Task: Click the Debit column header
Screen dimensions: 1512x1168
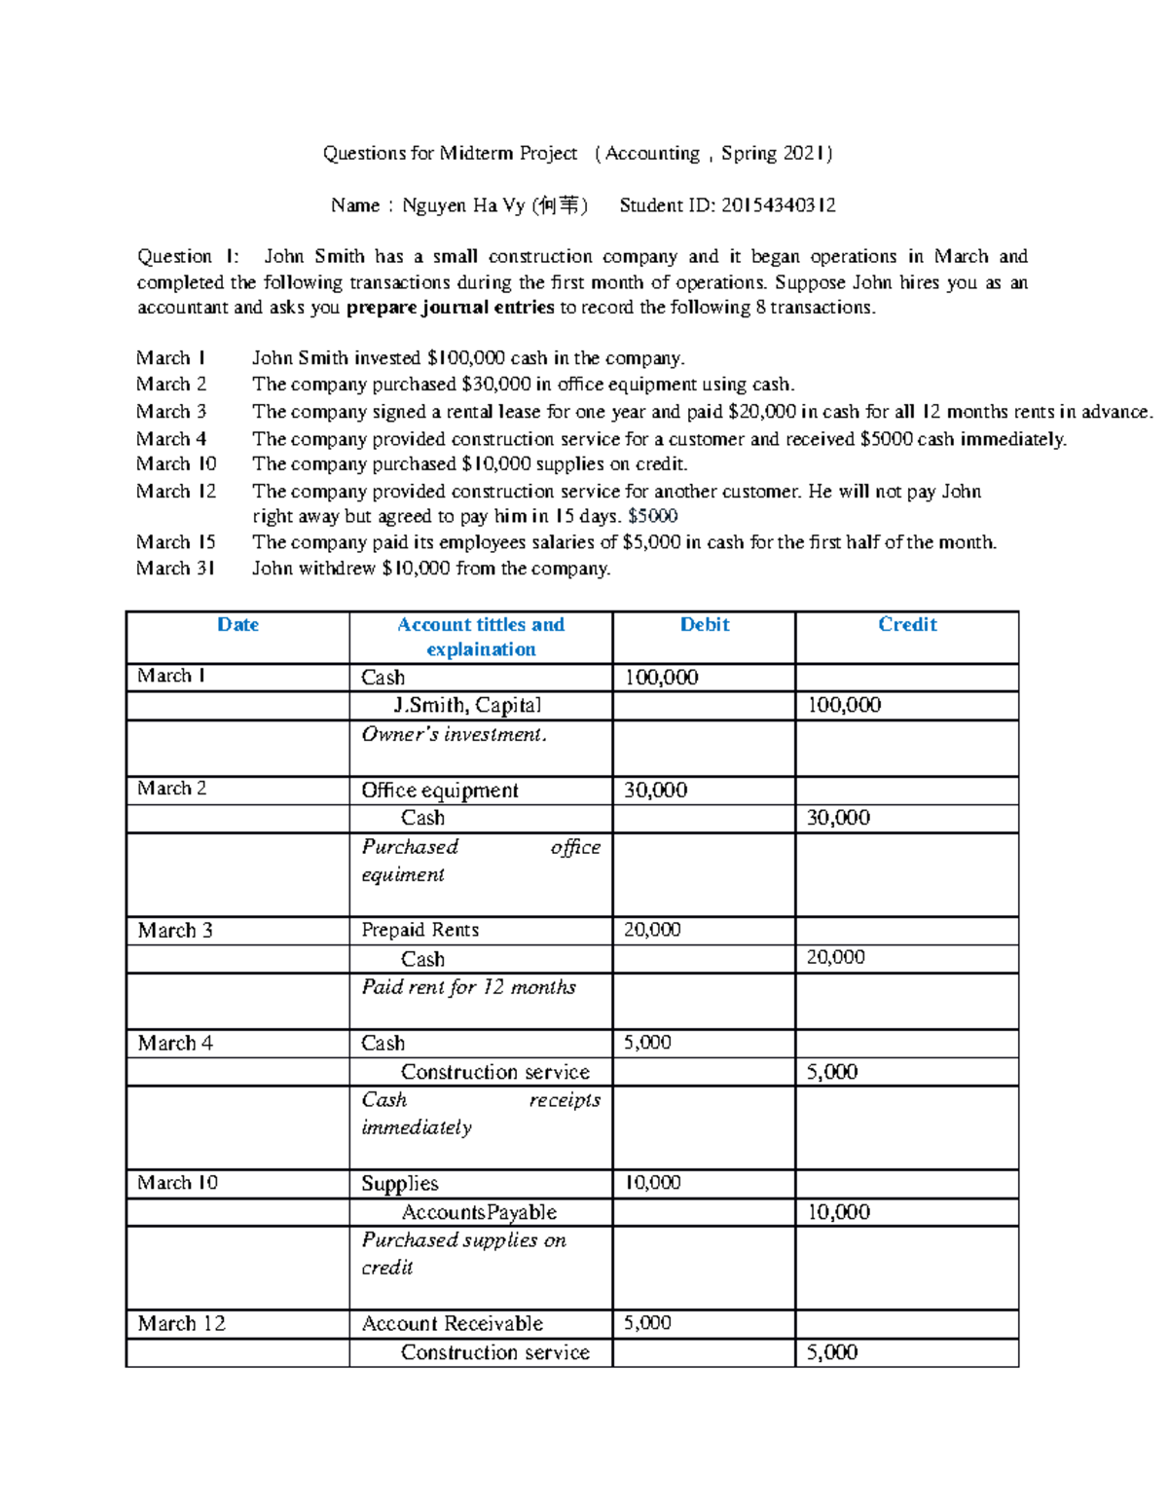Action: (704, 625)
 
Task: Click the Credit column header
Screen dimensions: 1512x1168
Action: (907, 625)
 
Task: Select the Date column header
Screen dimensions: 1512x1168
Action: (237, 625)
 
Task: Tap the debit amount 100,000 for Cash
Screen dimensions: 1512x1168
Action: (661, 678)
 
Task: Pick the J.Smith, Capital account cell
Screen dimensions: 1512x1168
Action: (466, 706)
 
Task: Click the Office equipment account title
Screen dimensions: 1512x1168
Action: (439, 791)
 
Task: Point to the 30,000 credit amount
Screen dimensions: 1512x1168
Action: (838, 818)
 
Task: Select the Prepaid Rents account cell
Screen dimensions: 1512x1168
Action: (420, 930)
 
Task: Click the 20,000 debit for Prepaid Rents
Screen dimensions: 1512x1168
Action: (651, 930)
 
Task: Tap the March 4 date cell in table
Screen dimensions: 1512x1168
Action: (175, 1044)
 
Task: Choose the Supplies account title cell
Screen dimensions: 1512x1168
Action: (399, 1184)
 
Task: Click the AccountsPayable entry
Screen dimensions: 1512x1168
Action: (479, 1212)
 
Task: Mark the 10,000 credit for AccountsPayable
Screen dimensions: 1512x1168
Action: (838, 1212)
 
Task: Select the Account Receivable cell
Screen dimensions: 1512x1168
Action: (452, 1324)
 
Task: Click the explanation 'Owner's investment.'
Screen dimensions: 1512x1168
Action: (454, 735)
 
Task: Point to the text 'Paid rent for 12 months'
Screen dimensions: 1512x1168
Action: (468, 987)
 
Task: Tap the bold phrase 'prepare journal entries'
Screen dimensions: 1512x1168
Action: (450, 308)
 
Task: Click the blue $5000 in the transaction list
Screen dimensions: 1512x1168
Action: (653, 517)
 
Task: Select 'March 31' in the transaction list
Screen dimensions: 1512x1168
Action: (175, 569)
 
